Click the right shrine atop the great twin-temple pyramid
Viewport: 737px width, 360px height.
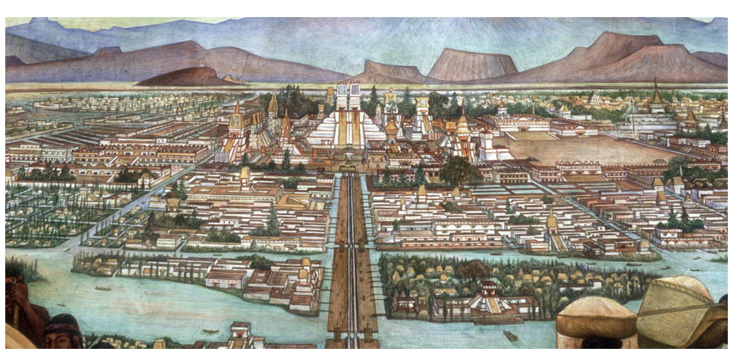pos(355,96)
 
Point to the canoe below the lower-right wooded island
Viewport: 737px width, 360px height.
pos(511,336)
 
